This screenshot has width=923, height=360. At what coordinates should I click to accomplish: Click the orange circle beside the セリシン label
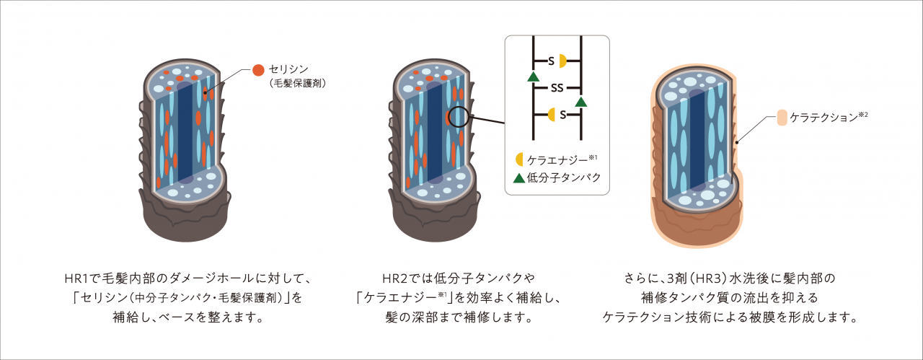click(x=257, y=70)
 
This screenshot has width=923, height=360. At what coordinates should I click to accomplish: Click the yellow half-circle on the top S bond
click(x=562, y=61)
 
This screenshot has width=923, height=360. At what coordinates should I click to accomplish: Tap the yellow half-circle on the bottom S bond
click(x=552, y=114)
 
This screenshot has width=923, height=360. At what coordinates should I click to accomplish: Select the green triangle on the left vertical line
click(x=533, y=76)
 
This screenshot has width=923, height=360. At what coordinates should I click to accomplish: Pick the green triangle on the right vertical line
click(x=580, y=102)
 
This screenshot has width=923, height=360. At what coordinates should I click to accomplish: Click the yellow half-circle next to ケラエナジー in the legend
click(x=518, y=159)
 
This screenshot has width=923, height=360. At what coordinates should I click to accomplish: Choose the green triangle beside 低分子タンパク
click(x=518, y=177)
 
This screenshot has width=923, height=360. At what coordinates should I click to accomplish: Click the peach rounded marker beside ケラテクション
click(x=782, y=118)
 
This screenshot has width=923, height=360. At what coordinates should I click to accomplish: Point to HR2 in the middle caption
click(x=395, y=278)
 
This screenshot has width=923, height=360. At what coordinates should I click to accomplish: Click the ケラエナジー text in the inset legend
click(x=555, y=159)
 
